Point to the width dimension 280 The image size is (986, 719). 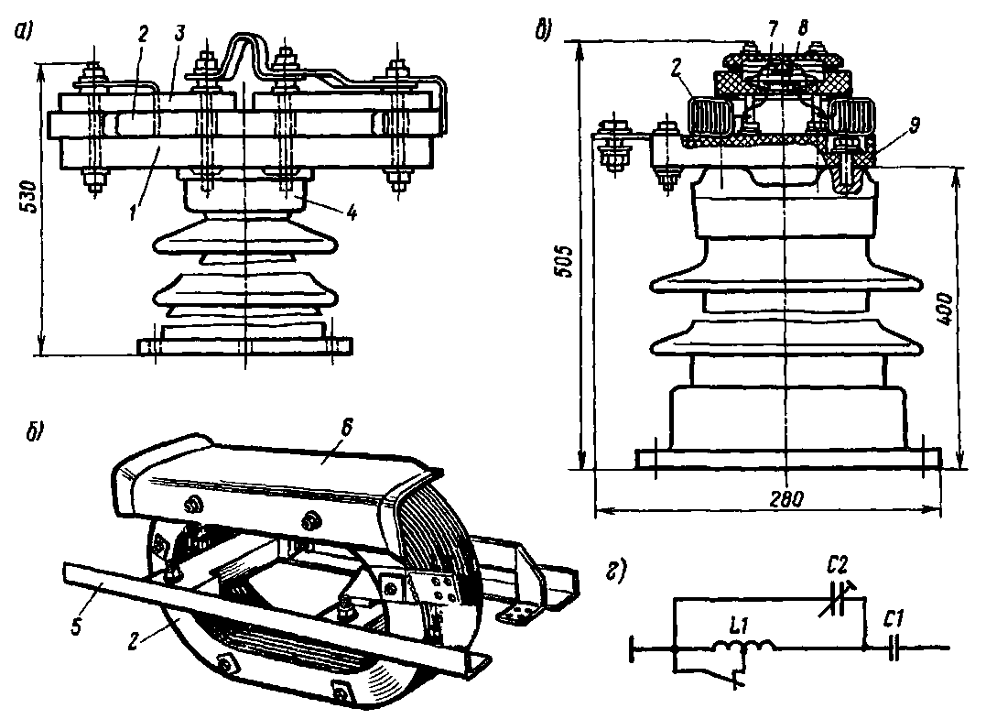click(x=786, y=500)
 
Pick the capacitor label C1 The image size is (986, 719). click(x=897, y=619)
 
